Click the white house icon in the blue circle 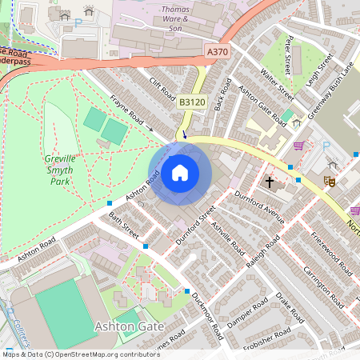[x=180, y=173]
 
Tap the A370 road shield [x=217, y=51]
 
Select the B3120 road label [x=191, y=102]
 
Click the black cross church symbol [x=270, y=182]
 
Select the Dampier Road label [x=245, y=315]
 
